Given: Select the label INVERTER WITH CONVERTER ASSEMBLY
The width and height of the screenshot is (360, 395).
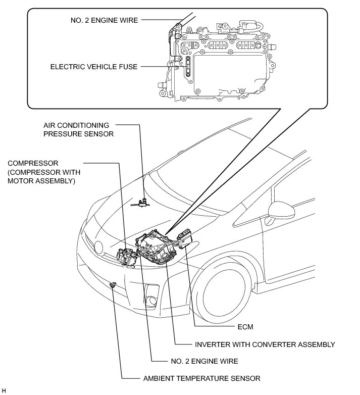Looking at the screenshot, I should click(265, 344).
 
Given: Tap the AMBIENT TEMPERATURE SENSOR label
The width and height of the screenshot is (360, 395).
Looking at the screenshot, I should click(201, 378).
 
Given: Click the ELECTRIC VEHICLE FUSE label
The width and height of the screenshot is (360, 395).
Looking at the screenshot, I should click(94, 66).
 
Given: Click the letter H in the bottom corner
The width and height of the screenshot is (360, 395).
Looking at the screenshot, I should click(4, 390).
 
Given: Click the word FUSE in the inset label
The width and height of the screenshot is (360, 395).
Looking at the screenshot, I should click(126, 66).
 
